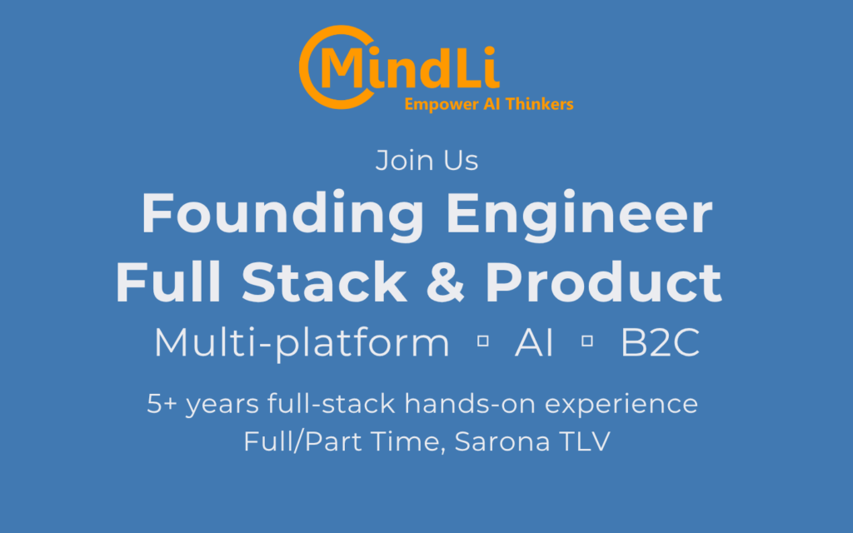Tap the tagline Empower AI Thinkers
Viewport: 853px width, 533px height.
489,104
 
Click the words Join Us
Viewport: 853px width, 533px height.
427,161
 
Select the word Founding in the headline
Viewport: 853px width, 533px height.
282,215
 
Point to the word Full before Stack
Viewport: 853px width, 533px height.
168,281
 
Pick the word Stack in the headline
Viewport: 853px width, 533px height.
324,281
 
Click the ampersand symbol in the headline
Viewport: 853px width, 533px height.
446,281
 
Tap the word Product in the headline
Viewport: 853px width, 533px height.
603,281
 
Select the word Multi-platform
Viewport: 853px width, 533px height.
302,343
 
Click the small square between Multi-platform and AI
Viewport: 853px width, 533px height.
482,341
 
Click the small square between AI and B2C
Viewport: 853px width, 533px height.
587,341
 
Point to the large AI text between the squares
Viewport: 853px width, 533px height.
534,342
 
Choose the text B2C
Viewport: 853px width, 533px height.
660,342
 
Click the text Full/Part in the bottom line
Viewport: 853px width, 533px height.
302,441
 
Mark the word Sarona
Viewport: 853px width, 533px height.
502,441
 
